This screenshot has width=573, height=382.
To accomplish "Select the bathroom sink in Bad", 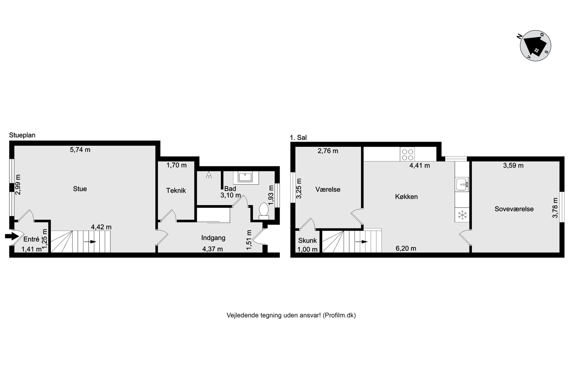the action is click(x=246, y=177).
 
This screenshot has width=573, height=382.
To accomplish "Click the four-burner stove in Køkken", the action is click(x=407, y=154).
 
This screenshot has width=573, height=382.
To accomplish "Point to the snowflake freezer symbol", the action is click(x=462, y=215).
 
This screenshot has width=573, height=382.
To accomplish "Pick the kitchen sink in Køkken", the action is click(x=462, y=184).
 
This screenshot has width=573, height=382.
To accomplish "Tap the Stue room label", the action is click(x=80, y=189).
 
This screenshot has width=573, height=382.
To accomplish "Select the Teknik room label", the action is click(x=176, y=191).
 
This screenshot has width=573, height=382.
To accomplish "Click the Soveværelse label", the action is click(x=514, y=209).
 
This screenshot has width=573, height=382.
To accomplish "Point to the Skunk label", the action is click(x=307, y=241).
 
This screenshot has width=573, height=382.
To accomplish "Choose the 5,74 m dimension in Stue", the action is click(x=80, y=150).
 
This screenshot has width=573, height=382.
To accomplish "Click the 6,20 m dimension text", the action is click(x=406, y=248).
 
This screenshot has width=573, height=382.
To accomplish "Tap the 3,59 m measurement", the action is click(x=513, y=165).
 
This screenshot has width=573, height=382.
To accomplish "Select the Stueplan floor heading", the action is click(x=22, y=135).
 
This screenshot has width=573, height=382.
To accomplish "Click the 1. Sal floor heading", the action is click(x=298, y=138).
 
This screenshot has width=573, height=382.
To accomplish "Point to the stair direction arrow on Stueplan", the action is click(x=90, y=242).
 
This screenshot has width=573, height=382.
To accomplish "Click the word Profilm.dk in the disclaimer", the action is click(x=339, y=315).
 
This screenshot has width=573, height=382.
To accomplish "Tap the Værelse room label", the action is click(x=328, y=189).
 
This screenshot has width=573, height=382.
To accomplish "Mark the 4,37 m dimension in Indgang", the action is click(x=213, y=249).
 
